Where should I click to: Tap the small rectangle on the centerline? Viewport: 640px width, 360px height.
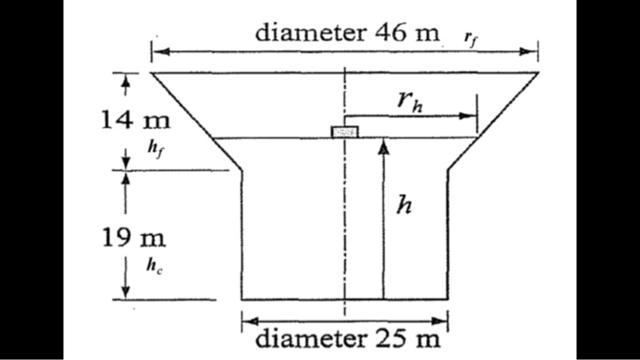[x=345, y=132]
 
